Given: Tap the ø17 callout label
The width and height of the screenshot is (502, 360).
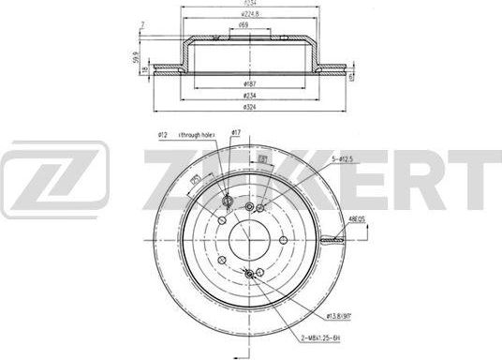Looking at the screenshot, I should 238,134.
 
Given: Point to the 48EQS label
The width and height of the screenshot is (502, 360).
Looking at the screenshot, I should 357,221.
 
